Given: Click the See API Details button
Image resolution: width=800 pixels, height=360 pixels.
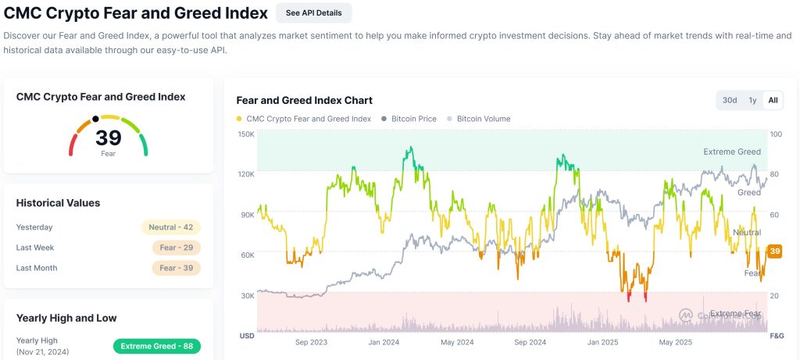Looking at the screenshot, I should [313, 13].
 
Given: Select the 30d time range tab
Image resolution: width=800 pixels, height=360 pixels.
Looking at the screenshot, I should [730, 100].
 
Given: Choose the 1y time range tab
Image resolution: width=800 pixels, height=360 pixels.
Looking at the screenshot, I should [752, 100].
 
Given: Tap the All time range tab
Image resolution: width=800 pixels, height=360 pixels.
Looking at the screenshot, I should [773, 100].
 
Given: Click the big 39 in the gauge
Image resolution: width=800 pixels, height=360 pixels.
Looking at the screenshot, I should [109, 138].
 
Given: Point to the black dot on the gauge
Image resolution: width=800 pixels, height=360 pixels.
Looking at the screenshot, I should [95, 119].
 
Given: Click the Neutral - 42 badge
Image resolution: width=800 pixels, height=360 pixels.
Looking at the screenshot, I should [171, 227].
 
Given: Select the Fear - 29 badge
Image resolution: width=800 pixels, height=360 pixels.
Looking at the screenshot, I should [177, 248].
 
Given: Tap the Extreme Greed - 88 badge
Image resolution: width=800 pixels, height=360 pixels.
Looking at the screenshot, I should [157, 346].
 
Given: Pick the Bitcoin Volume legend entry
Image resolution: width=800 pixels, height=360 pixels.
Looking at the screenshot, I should [483, 119].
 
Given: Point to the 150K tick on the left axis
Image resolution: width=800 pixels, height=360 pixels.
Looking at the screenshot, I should [245, 134].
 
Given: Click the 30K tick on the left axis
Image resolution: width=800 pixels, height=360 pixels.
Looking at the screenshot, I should [247, 295].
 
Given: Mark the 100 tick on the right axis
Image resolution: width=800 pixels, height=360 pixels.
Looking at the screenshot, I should [776, 134].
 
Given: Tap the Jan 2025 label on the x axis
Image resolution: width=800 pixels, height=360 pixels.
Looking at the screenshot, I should [604, 342].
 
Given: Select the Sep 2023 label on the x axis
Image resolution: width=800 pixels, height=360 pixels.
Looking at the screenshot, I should [311, 342].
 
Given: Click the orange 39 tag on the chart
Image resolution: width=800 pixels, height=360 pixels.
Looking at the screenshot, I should [774, 251].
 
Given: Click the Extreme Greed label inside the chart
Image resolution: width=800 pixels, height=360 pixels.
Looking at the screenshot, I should [731, 151].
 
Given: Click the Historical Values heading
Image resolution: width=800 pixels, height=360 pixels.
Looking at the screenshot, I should [58, 203].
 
